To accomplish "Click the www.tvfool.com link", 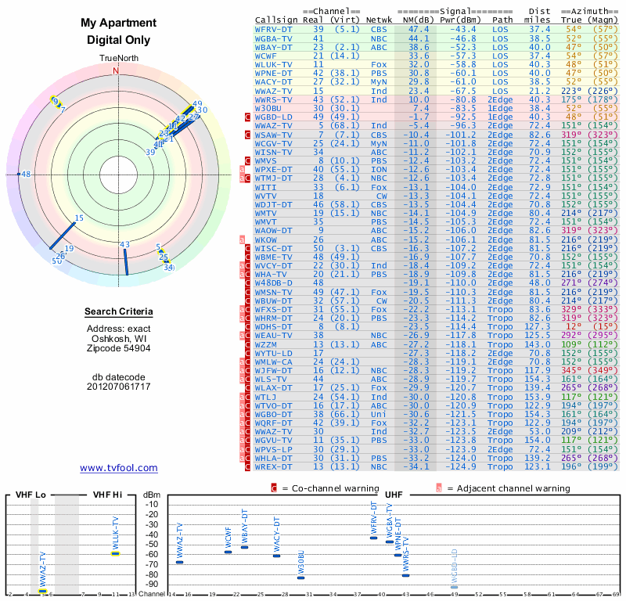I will point(119,468).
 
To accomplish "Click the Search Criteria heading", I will point(119,312).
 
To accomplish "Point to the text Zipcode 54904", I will point(119,348).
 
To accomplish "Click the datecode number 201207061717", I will point(119,387).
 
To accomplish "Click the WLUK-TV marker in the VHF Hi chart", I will point(115,552).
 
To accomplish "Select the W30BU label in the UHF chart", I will point(300,565).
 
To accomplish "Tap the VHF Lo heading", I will point(31,495).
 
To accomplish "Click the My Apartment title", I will point(119,23).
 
